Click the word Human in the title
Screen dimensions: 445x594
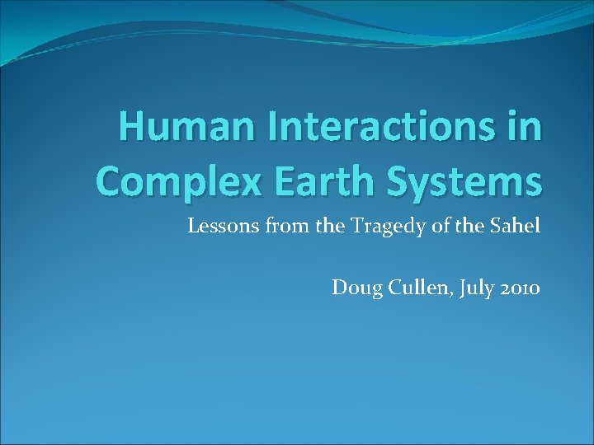click(169, 129)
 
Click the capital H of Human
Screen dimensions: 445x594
click(130, 129)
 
